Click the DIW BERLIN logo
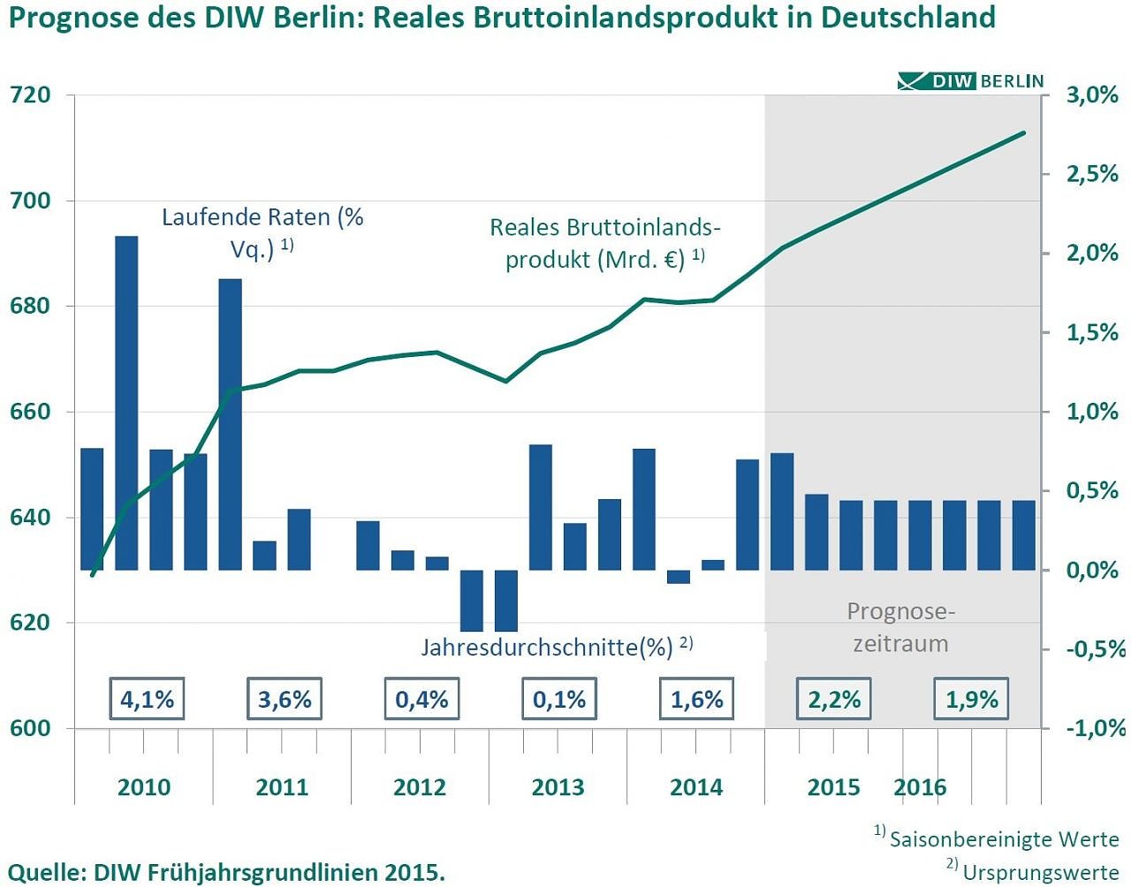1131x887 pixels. [x=970, y=81]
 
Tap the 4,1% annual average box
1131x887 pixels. [x=147, y=699]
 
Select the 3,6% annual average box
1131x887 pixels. [x=285, y=699]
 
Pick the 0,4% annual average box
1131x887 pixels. [x=421, y=699]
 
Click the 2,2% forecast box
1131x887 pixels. [x=834, y=699]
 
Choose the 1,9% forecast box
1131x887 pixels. [x=971, y=699]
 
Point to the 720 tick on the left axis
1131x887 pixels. [x=30, y=95]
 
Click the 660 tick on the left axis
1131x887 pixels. [x=30, y=412]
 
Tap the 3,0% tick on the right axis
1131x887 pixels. [x=1092, y=95]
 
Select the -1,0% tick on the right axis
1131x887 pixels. [x=1092, y=729]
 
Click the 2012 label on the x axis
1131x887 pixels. [x=420, y=786]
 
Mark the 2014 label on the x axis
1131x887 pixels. [x=696, y=786]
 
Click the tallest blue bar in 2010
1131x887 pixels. [x=126, y=402]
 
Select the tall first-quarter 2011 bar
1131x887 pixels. [x=231, y=424]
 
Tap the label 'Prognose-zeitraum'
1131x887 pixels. [x=900, y=627]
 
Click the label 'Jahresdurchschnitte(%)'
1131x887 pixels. [x=546, y=647]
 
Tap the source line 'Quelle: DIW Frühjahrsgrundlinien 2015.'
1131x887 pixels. [x=226, y=871]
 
